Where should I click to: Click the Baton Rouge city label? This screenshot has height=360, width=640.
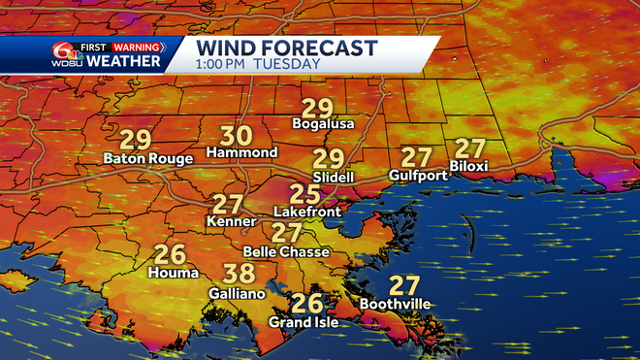pyautogui.click(x=148, y=158)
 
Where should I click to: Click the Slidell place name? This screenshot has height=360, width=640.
pyautogui.click(x=333, y=179)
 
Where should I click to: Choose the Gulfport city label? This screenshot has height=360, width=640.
pyautogui.click(x=417, y=176)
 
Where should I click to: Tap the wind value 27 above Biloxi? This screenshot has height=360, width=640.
pyautogui.click(x=470, y=148)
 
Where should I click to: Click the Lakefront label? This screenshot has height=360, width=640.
pyautogui.click(x=304, y=210)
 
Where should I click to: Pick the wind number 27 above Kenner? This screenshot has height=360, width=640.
pyautogui.click(x=228, y=205)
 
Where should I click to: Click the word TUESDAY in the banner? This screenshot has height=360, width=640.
pyautogui.click(x=288, y=64)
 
